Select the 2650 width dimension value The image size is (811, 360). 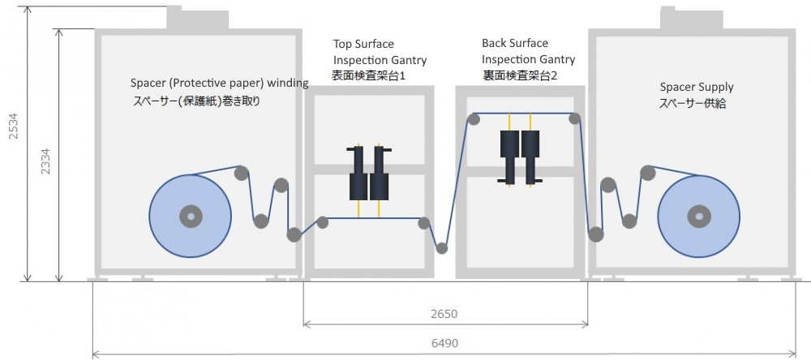coord(444,314)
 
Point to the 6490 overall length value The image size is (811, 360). coord(444,343)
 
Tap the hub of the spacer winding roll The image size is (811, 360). coord(191,216)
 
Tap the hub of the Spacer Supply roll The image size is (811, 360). coord(698,216)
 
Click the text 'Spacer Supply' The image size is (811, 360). coord(697,87)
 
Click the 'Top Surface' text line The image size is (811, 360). coord(363,44)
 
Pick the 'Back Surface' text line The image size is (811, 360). coord(515,43)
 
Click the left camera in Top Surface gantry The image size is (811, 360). coord(358,174)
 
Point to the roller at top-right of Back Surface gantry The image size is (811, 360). coord(575,119)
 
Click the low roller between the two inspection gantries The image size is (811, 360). coord(442,248)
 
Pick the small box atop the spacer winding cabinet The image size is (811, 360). coord(197,18)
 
